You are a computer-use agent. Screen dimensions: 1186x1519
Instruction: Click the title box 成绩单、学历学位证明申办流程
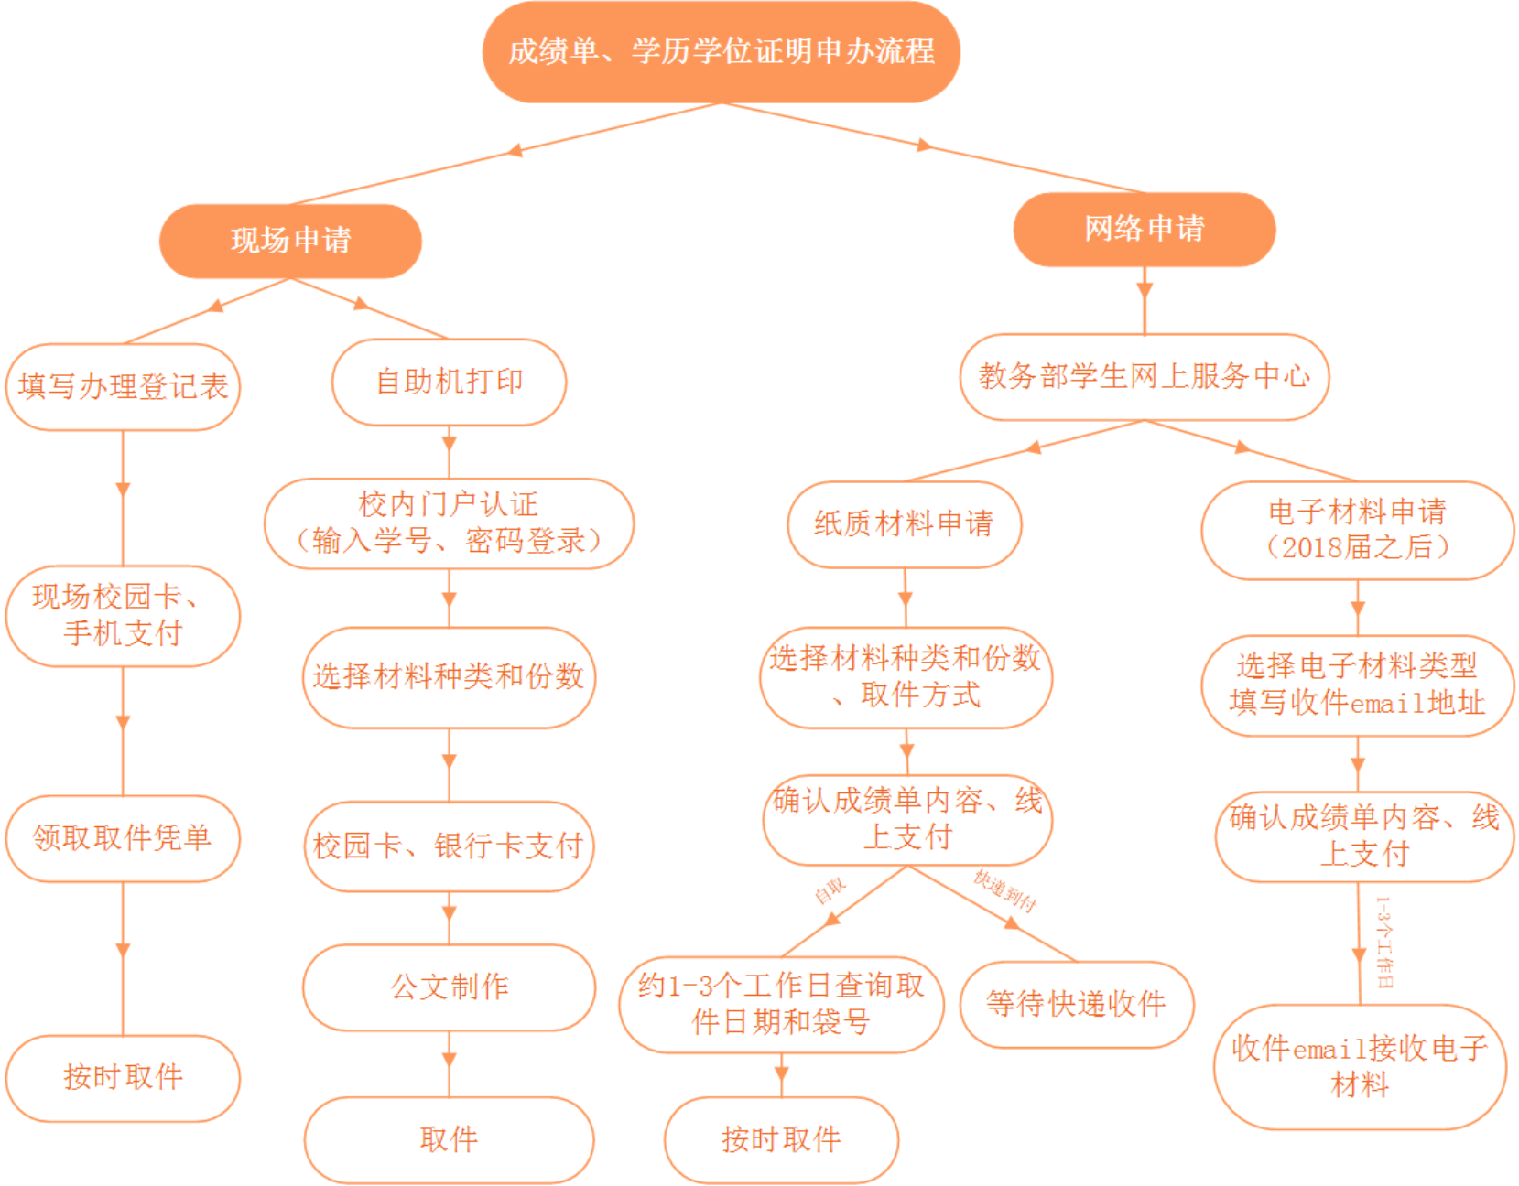pyautogui.click(x=721, y=51)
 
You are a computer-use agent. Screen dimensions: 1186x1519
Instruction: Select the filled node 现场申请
pyautogui.click(x=290, y=241)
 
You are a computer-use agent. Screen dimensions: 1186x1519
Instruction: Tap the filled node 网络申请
pyautogui.click(x=1144, y=229)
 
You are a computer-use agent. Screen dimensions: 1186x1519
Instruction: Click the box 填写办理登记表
pyautogui.click(x=123, y=386)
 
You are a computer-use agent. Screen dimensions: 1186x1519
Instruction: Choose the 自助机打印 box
pyautogui.click(x=449, y=382)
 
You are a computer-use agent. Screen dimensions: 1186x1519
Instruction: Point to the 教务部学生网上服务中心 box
pyautogui.click(x=1144, y=376)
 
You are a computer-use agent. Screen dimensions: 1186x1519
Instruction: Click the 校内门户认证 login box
pyautogui.click(x=449, y=523)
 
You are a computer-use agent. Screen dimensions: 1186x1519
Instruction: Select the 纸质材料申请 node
pyautogui.click(x=904, y=524)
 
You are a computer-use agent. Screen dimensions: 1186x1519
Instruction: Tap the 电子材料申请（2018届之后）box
pyautogui.click(x=1357, y=530)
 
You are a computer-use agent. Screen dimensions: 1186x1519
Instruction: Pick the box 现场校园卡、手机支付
pyautogui.click(x=123, y=615)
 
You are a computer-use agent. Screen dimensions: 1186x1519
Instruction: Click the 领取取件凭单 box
pyautogui.click(x=123, y=837)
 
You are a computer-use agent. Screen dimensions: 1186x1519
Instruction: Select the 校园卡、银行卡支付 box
pyautogui.click(x=449, y=846)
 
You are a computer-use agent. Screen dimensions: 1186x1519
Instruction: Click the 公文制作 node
pyautogui.click(x=449, y=987)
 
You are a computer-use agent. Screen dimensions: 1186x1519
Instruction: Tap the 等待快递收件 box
pyautogui.click(x=1076, y=1004)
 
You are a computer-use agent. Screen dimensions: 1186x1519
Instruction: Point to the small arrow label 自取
pyautogui.click(x=830, y=890)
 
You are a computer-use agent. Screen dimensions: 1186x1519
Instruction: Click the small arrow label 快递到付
pyautogui.click(x=1004, y=890)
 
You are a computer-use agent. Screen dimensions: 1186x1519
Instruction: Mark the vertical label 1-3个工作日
pyautogui.click(x=1384, y=942)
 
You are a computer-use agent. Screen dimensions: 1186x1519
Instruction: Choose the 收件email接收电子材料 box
pyautogui.click(x=1360, y=1066)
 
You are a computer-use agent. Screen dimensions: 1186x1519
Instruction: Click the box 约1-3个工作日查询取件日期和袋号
pyautogui.click(x=781, y=1004)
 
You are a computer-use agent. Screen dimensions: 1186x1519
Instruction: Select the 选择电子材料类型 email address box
pyautogui.click(x=1357, y=685)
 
